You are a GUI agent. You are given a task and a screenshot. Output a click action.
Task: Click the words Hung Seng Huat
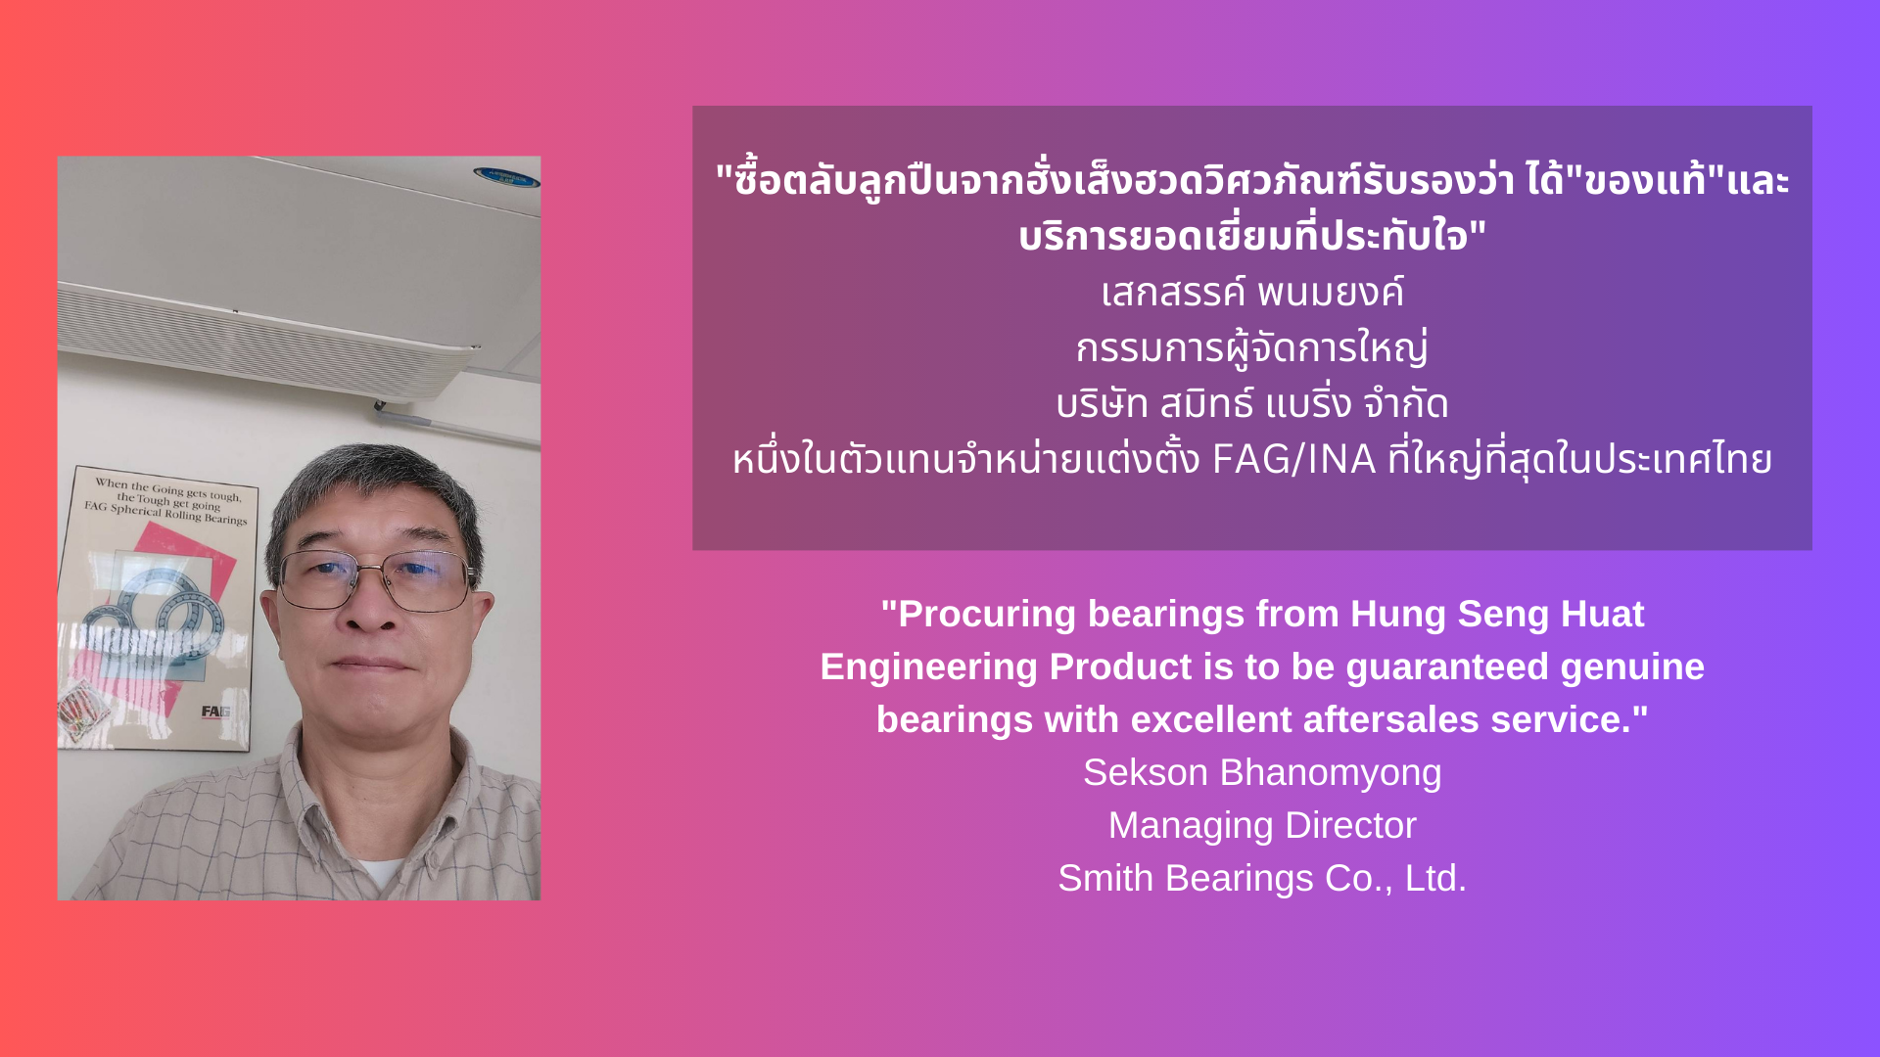(x=1497, y=615)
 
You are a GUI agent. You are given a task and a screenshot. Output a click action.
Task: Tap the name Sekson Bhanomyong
(x=1262, y=773)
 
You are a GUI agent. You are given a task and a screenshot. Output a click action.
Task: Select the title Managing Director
(x=1262, y=826)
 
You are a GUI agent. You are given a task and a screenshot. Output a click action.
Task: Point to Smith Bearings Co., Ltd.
(x=1262, y=878)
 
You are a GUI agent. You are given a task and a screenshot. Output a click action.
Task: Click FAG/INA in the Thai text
(x=1294, y=459)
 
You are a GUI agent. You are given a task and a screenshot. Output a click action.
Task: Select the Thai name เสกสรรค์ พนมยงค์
(x=1252, y=292)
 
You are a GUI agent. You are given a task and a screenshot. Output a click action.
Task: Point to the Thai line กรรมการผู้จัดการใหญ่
(x=1252, y=347)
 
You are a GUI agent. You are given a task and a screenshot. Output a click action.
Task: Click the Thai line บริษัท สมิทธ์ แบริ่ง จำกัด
(x=1252, y=403)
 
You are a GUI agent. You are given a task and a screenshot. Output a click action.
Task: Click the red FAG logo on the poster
(x=214, y=712)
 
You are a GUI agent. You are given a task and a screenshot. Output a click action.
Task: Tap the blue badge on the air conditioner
(x=507, y=177)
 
